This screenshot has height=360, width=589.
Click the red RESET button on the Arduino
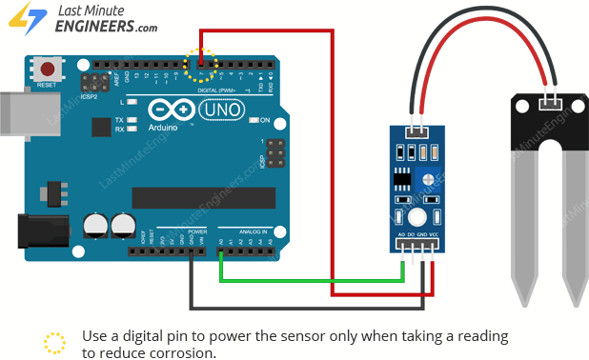coord(46,69)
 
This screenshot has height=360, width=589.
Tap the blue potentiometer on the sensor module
coord(431,178)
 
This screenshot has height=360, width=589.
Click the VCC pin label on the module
coord(434,234)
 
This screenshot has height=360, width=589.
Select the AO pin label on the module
coord(401,234)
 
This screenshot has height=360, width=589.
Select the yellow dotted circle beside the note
coord(55,343)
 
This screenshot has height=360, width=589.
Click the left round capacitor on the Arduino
coord(95,225)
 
